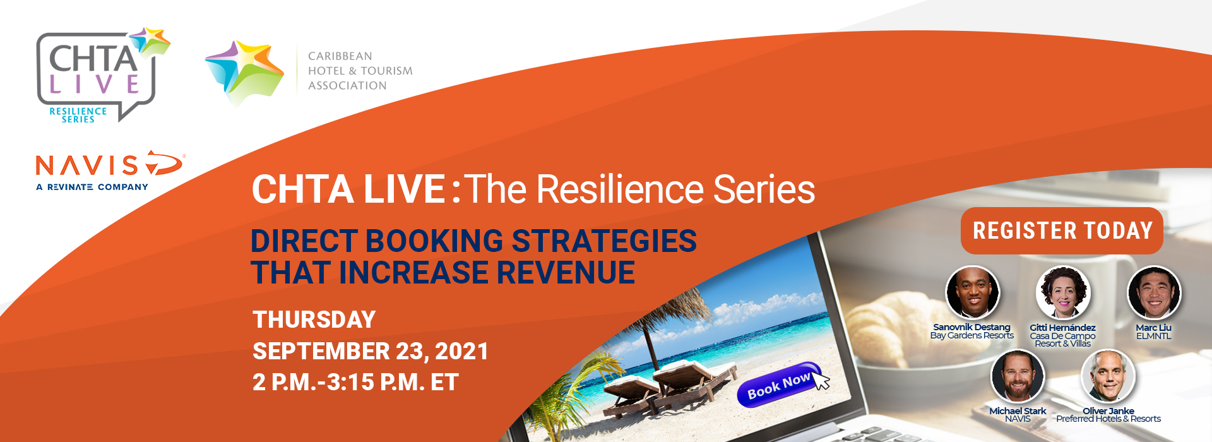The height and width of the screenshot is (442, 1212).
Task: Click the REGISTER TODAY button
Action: coord(1062,230)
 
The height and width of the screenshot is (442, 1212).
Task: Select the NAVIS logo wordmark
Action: coord(109,164)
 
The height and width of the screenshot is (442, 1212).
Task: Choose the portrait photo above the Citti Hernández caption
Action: coord(1063,293)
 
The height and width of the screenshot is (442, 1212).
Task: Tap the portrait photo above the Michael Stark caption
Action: coord(1018,376)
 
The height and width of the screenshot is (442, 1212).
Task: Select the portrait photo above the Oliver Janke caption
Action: coord(1108,376)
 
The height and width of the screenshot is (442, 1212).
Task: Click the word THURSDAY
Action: coord(314,320)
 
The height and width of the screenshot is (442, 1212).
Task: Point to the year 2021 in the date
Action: coord(462,351)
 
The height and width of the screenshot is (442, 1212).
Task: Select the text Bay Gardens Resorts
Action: coord(972,335)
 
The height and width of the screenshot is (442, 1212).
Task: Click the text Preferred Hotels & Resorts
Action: coord(1108,419)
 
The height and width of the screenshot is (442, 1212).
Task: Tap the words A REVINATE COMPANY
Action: coord(92,187)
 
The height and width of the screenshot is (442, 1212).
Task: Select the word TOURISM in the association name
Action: coord(386,71)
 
